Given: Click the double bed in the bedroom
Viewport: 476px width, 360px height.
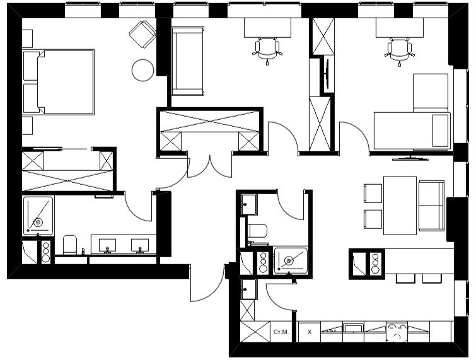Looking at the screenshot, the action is (66, 82).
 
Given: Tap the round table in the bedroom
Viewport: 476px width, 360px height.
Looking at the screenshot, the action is (142, 70).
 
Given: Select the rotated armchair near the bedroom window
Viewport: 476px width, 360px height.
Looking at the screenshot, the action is (142, 34).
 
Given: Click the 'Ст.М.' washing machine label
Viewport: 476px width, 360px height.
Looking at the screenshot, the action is (281, 332).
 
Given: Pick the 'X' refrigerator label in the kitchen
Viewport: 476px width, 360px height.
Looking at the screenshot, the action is (310, 332).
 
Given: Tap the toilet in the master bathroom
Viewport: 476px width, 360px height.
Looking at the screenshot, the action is (70, 245).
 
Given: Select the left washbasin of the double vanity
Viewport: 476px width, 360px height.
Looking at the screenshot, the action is (107, 245).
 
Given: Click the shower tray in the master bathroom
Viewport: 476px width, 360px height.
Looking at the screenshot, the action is (38, 216).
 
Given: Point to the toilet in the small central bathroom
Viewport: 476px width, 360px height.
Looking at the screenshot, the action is (257, 231).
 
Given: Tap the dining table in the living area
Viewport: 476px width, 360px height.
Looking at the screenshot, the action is (400, 206).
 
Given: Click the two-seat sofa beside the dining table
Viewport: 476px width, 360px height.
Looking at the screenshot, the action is (431, 205).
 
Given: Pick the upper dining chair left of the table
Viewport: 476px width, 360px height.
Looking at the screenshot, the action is (373, 193).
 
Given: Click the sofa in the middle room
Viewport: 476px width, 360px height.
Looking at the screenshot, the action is (188, 61).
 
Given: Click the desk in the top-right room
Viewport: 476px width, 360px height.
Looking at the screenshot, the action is (400, 28).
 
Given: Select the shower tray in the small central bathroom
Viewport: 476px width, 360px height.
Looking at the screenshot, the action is (291, 260).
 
